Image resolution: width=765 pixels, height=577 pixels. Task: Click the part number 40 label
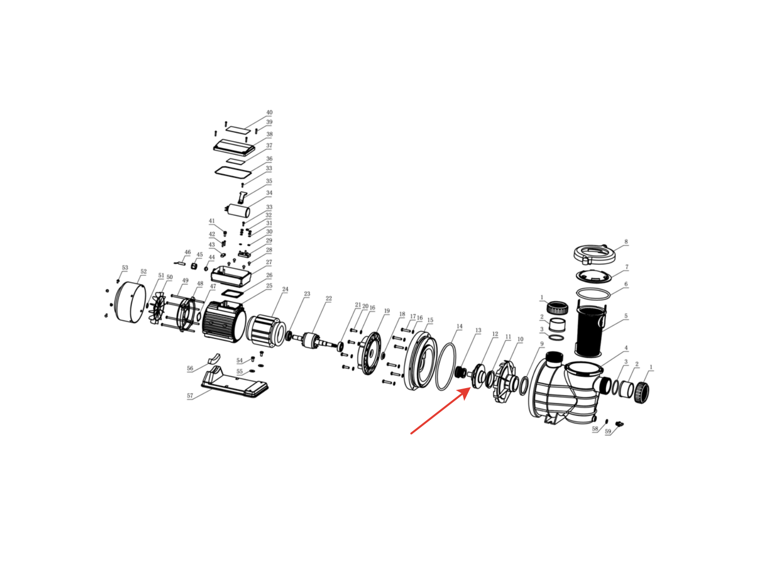pyautogui.click(x=269, y=112)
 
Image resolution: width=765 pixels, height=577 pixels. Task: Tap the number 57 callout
pyautogui.click(x=190, y=395)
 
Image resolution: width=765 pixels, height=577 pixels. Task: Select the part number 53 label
pyautogui.click(x=125, y=268)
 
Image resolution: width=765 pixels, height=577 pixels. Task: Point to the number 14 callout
pyautogui.click(x=460, y=326)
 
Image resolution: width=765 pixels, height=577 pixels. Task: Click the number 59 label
pyautogui.click(x=608, y=431)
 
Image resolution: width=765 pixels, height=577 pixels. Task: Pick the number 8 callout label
pyautogui.click(x=626, y=241)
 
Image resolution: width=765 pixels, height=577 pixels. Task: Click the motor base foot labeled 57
pyautogui.click(x=234, y=382)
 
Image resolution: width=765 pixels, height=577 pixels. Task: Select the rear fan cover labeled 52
pyautogui.click(x=130, y=302)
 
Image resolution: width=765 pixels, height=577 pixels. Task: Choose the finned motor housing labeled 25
pyautogui.click(x=224, y=321)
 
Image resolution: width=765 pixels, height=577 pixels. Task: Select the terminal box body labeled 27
pyautogui.click(x=231, y=275)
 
